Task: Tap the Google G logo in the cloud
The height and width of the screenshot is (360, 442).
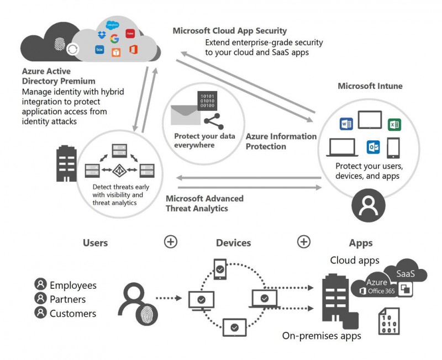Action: click(x=114, y=39)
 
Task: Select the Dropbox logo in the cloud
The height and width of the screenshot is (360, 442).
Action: click(x=101, y=35)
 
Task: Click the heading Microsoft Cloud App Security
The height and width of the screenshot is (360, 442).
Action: click(x=230, y=31)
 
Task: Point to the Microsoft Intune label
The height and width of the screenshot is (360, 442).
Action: click(x=370, y=86)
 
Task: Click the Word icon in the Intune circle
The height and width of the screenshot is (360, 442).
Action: click(x=346, y=124)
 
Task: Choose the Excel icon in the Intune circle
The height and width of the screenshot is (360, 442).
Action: click(x=394, y=124)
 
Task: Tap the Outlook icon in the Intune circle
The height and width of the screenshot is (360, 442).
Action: click(x=373, y=147)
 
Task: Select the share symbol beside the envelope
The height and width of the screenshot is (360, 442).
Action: click(x=211, y=122)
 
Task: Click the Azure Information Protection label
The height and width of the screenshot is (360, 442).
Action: click(x=281, y=141)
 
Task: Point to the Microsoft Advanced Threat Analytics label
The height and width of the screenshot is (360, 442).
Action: click(x=204, y=203)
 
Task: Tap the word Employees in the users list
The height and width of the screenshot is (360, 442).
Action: click(x=73, y=285)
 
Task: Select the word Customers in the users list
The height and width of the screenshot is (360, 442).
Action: click(x=73, y=314)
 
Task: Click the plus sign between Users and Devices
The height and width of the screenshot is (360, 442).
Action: click(x=170, y=241)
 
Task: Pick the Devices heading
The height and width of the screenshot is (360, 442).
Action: click(x=233, y=243)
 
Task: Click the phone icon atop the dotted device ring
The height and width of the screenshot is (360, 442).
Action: click(x=220, y=269)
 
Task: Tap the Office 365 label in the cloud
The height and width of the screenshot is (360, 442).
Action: click(x=382, y=291)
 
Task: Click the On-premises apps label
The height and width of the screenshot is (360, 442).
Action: click(x=322, y=336)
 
